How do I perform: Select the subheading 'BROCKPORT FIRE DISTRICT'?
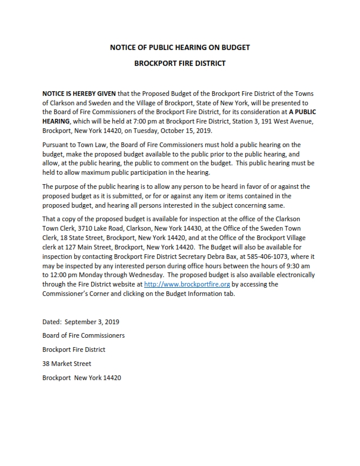pyautogui.click(x=179, y=63)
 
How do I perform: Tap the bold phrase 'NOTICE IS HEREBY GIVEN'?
pyautogui.click(x=79, y=94)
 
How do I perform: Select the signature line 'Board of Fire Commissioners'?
pyautogui.click(x=83, y=335)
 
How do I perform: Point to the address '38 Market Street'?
pyautogui.click(x=66, y=364)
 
